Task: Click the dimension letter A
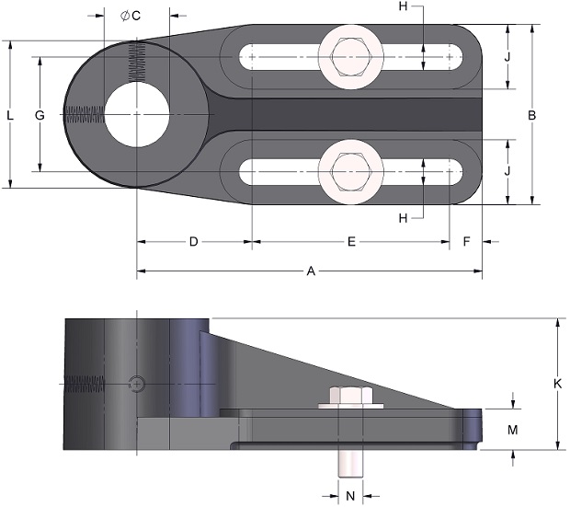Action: click(311, 271)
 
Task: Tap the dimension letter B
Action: click(531, 115)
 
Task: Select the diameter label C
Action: click(131, 16)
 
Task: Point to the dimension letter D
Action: click(194, 241)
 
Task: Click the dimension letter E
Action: click(351, 241)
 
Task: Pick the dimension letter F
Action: click(467, 241)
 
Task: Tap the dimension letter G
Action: click(40, 115)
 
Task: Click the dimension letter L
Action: click(10, 115)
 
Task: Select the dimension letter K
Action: click(557, 384)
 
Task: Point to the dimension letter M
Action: click(513, 430)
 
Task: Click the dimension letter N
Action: click(350, 496)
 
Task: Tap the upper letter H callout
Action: click(404, 6)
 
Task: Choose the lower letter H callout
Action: click(404, 218)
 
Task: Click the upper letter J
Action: click(507, 57)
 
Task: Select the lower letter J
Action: click(507, 170)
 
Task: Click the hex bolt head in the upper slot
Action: click(351, 57)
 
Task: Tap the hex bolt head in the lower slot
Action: click(351, 171)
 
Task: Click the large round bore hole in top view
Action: click(137, 115)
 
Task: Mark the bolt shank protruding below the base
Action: click(351, 464)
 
